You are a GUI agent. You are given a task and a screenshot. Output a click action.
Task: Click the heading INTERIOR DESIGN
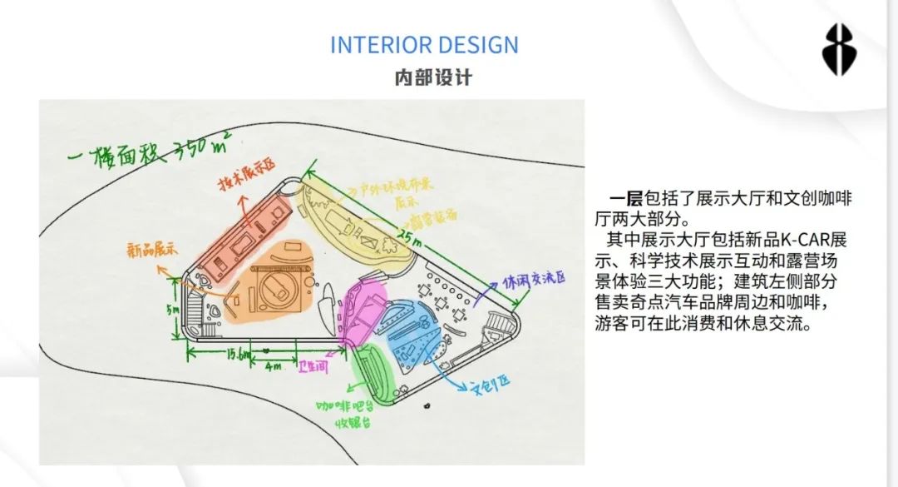(x=424, y=45)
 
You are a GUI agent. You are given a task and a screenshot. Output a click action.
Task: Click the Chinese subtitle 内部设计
(x=432, y=77)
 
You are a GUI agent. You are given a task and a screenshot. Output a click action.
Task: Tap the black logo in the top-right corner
(x=840, y=50)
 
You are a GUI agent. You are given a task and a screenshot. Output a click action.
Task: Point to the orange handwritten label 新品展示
(x=153, y=249)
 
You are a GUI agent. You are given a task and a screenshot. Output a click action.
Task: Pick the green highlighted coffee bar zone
(x=372, y=374)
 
